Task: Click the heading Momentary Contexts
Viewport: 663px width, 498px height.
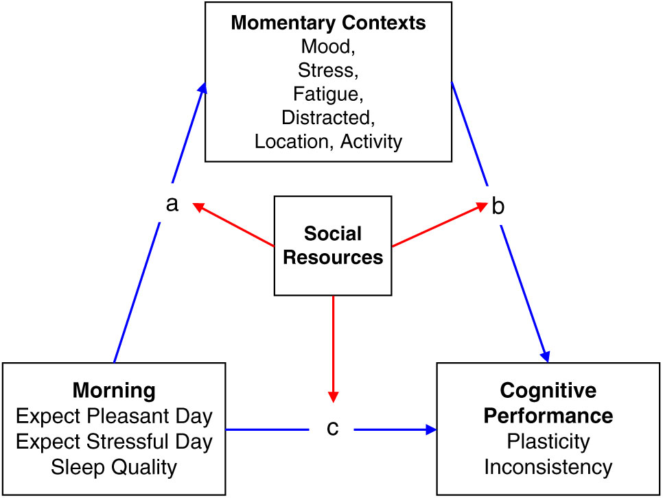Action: point(328,23)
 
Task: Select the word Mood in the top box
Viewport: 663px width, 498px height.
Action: point(325,46)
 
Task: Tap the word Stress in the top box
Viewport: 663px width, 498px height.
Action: point(325,70)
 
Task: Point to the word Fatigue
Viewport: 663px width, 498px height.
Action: point(325,93)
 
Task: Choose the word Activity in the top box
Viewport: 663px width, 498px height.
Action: point(371,141)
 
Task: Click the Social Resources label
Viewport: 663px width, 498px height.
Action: point(333,245)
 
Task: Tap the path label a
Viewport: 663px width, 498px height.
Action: point(172,204)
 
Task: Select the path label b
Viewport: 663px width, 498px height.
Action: point(498,206)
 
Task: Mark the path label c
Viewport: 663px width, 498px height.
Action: point(333,428)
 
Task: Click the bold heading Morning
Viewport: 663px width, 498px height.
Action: point(114,390)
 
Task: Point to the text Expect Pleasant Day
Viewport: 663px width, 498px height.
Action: point(114,416)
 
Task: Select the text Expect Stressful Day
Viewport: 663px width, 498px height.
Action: point(114,441)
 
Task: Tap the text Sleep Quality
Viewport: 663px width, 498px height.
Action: point(114,467)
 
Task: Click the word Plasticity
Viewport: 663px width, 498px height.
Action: point(548,442)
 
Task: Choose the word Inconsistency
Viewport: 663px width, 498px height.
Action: point(548,467)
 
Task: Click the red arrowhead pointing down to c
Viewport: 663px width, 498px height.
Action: point(333,396)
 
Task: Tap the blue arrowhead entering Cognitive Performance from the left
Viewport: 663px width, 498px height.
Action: point(431,429)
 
